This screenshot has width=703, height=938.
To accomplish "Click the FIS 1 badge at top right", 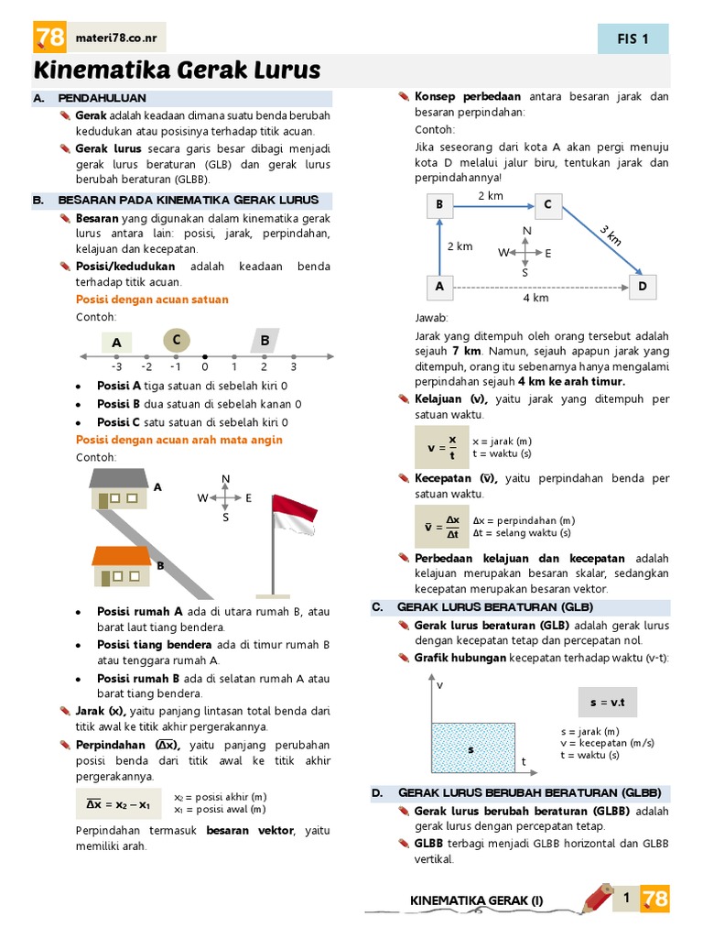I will tap(633, 38).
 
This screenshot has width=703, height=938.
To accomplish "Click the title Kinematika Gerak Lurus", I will tap(178, 71).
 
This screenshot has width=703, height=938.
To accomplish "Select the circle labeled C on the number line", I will tap(176, 341).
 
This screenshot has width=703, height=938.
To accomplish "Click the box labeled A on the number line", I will tap(116, 343).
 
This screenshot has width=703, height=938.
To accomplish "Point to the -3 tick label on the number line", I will tap(118, 366).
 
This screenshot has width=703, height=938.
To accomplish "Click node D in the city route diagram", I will tap(642, 287).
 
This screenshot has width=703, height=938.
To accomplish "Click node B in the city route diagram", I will tap(439, 205).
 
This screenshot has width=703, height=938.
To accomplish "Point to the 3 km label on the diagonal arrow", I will tap(611, 234).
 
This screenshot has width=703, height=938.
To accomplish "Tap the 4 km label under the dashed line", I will tap(535, 299).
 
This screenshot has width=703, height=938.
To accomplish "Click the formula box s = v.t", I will tap(607, 703).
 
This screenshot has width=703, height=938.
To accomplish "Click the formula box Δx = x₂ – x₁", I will tap(118, 804).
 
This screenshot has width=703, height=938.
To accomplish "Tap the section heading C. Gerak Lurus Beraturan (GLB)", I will tap(495, 607).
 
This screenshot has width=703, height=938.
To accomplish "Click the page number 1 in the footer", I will tap(626, 899).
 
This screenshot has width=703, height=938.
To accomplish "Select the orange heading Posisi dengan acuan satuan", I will tap(152, 300).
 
